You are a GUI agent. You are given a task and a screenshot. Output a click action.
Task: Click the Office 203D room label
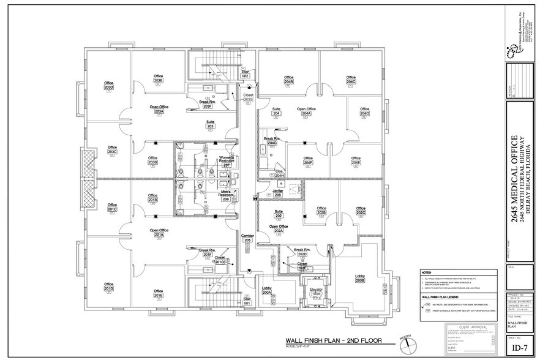tap(109, 85)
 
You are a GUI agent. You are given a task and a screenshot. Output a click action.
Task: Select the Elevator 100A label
tap(317, 291)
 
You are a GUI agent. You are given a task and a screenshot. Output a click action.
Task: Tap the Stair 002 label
tap(245, 73)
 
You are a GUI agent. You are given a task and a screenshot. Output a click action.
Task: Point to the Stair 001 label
tap(247, 301)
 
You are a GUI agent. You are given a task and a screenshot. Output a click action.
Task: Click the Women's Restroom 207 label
tap(227, 162)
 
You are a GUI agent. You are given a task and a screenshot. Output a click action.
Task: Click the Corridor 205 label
tap(247, 238)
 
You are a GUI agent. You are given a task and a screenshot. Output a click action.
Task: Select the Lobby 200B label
tap(360, 279)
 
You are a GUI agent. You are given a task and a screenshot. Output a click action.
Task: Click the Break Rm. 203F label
tap(208, 104)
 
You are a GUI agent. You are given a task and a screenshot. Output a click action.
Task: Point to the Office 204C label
tap(351, 80)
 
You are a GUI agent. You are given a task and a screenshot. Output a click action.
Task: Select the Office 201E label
tap(158, 297)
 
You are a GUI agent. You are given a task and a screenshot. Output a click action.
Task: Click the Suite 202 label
tap(279, 214)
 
